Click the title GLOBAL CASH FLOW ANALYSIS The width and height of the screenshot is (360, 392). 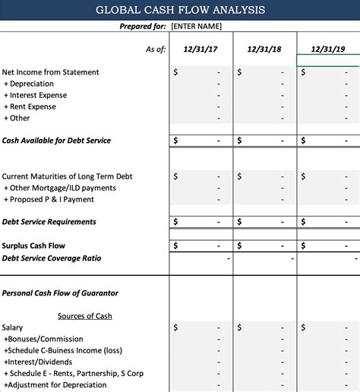coord(180,10)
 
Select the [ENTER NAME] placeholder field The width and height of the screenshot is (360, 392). coord(196,26)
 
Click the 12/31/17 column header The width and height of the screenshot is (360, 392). coord(201,49)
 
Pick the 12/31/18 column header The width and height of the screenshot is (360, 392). coord(264,49)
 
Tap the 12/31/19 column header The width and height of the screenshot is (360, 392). coord(328,49)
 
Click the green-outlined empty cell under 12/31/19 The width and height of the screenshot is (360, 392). coord(328,60)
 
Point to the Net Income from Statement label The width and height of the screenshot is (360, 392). coord(50,72)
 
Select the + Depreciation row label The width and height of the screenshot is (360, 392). coord(29,84)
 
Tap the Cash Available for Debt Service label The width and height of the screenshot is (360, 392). coord(56,141)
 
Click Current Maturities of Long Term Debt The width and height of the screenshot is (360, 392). coord(67,176)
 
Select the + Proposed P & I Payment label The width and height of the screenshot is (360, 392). coord(49,199)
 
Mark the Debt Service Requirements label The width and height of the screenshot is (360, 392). coord(49,222)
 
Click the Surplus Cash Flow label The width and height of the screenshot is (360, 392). coord(33,245)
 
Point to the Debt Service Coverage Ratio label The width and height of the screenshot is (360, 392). coord(52,258)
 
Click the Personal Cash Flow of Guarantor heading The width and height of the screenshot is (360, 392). coord(60,292)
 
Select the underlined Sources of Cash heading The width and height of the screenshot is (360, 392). coord(84,316)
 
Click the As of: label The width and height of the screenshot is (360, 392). coord(155,49)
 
